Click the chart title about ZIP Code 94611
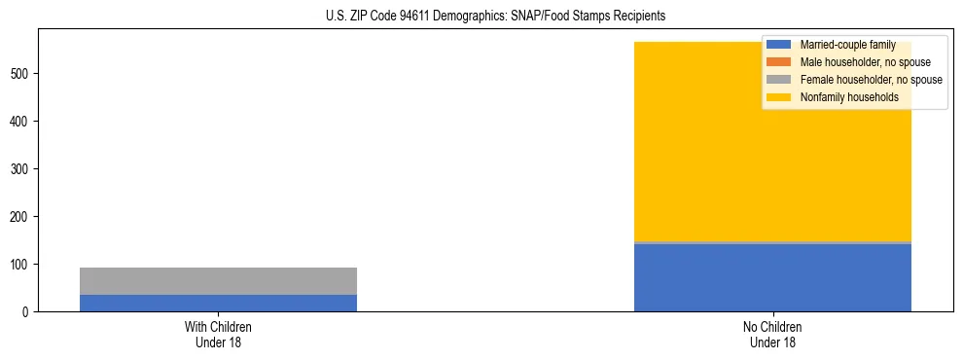481,17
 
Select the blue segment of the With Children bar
218,303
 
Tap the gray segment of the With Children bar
218,281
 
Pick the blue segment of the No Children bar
772,277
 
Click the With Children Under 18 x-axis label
218,335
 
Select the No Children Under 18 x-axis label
772,335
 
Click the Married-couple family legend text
847,45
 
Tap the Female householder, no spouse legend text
871,80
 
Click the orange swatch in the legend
778,62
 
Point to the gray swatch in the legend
778,80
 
